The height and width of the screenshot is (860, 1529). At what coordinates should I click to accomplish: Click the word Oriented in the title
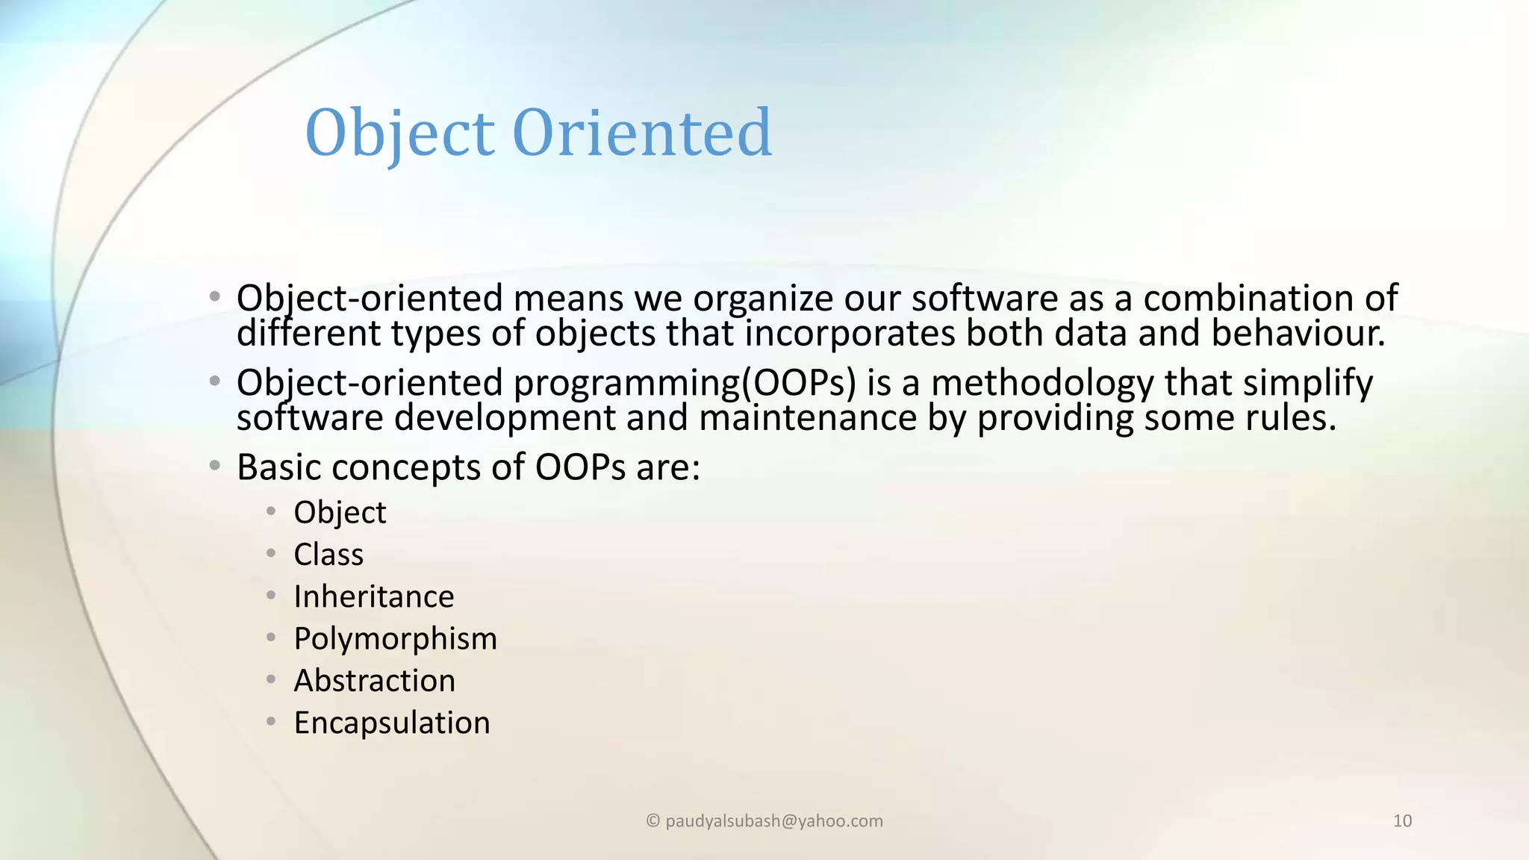point(642,133)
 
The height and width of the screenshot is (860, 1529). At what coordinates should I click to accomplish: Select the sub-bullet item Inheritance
point(373,596)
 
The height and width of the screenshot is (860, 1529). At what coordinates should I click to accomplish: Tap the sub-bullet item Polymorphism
point(395,639)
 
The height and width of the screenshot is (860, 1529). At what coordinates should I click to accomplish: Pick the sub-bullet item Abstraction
point(374,681)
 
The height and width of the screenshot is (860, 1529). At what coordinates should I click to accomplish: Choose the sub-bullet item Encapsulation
point(391,723)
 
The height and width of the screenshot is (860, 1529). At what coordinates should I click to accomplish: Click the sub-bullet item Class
point(328,555)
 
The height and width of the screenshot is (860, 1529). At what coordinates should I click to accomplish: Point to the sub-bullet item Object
point(340,513)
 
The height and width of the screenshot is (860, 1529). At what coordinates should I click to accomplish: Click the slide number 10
point(1402,821)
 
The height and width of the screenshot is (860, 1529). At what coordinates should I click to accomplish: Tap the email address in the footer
point(773,821)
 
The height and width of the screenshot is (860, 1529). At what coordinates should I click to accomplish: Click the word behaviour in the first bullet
point(1297,333)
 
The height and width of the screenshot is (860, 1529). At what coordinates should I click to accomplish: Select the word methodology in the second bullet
point(1042,383)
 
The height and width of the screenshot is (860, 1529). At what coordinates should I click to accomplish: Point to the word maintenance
point(807,417)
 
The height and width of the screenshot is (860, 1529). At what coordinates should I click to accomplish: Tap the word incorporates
point(850,333)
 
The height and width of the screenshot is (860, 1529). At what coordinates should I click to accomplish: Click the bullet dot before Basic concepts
point(215,467)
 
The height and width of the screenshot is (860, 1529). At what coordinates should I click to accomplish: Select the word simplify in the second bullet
point(1307,383)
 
